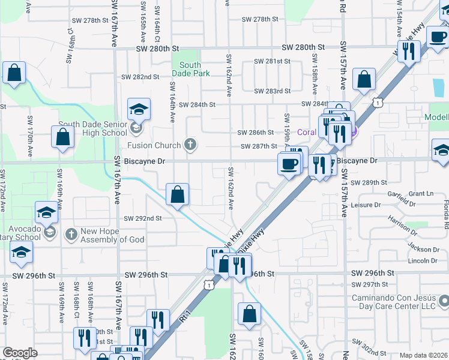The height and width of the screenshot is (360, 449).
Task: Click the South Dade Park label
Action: click(x=190, y=69)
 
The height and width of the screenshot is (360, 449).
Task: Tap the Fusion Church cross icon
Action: click(x=190, y=144)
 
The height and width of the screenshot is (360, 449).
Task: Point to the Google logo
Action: click(x=20, y=353)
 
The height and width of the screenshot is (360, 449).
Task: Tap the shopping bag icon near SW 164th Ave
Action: click(x=177, y=194)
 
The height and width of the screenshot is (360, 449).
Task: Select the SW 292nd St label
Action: click(x=143, y=218)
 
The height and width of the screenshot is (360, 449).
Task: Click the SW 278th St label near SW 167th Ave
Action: click(x=87, y=20)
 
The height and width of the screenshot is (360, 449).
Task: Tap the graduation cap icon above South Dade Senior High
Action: click(x=138, y=109)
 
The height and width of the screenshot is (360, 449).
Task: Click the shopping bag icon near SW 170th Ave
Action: click(x=63, y=137)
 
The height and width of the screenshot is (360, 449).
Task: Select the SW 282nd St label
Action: click(x=140, y=77)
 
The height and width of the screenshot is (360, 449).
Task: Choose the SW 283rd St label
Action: click(x=272, y=91)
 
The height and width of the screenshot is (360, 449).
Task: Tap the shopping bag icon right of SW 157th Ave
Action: click(x=364, y=79)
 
